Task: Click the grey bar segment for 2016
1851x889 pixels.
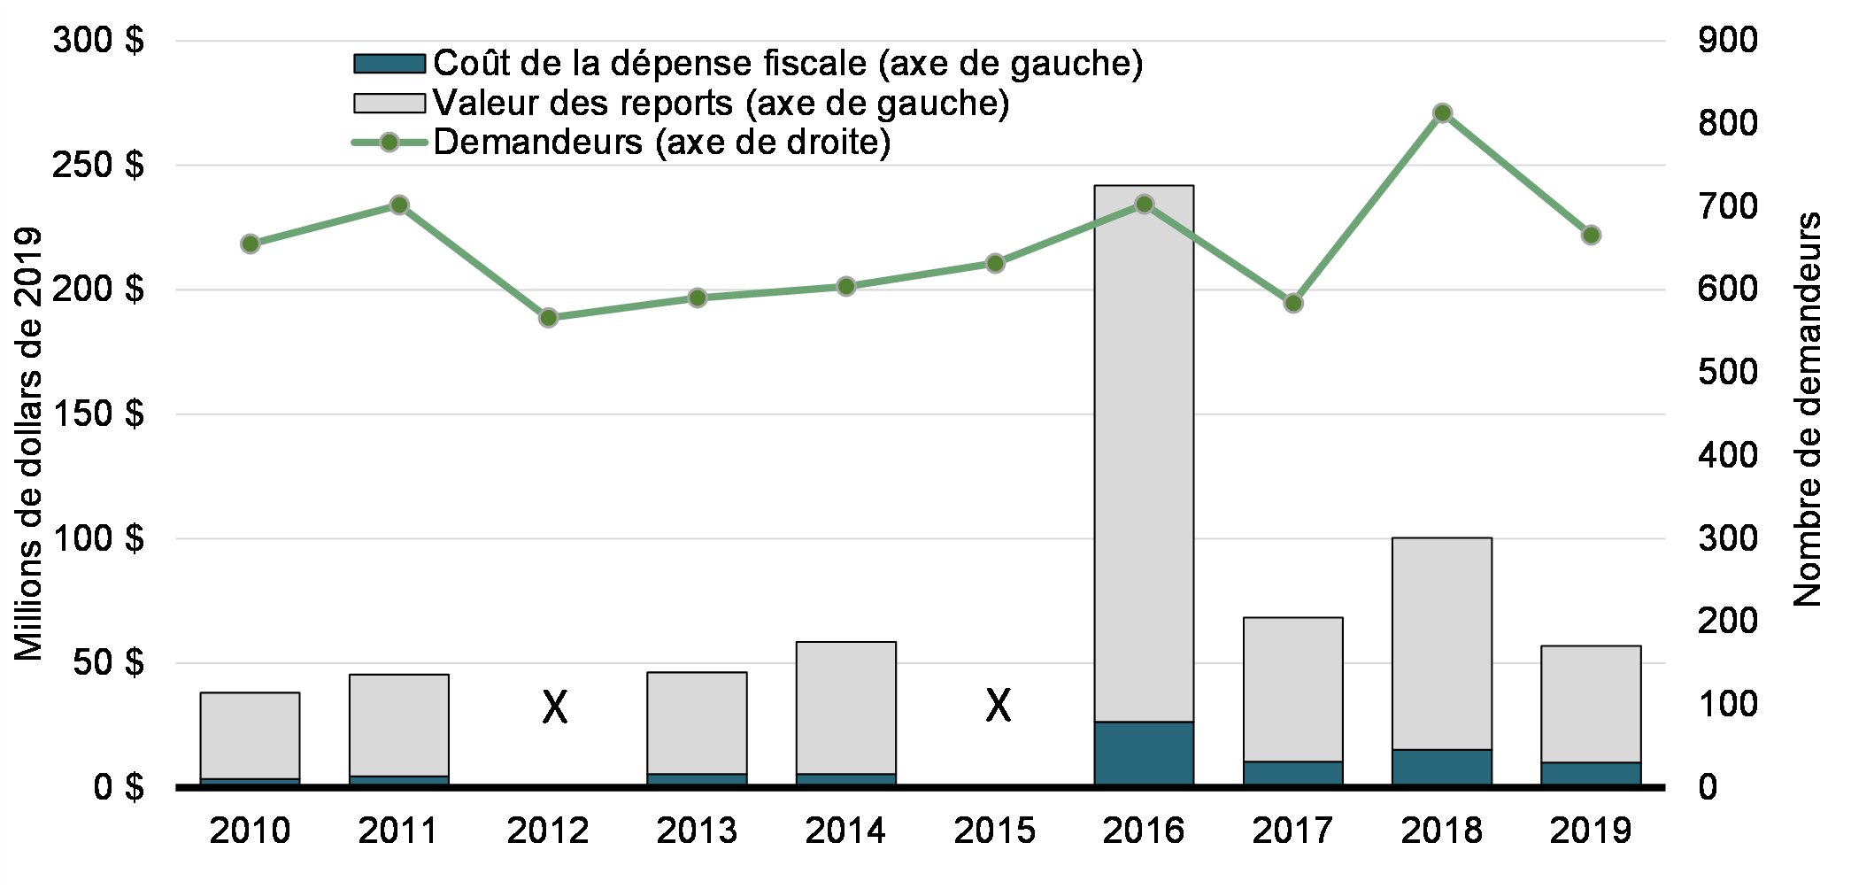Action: click(1144, 453)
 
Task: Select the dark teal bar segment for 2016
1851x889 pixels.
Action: click(1144, 754)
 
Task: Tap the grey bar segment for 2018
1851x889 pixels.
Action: click(1441, 644)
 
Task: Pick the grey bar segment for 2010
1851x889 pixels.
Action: click(250, 736)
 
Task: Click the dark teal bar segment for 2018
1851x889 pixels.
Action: click(1441, 768)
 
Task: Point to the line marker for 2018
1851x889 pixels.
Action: click(1442, 113)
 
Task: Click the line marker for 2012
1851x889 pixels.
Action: click(548, 318)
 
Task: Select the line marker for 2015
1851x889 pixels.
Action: click(995, 263)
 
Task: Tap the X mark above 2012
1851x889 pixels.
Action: click(555, 707)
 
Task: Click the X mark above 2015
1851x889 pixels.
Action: click(999, 706)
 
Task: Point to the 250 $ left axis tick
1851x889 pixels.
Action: click(97, 165)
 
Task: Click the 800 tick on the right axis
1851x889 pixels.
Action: click(1727, 123)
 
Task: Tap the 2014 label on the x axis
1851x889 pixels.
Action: click(845, 831)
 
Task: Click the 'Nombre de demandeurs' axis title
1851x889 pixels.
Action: click(1807, 409)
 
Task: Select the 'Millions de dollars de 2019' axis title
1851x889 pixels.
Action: click(28, 444)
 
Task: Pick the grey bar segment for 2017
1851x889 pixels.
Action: click(1292, 689)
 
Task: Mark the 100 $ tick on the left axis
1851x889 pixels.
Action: click(97, 538)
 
